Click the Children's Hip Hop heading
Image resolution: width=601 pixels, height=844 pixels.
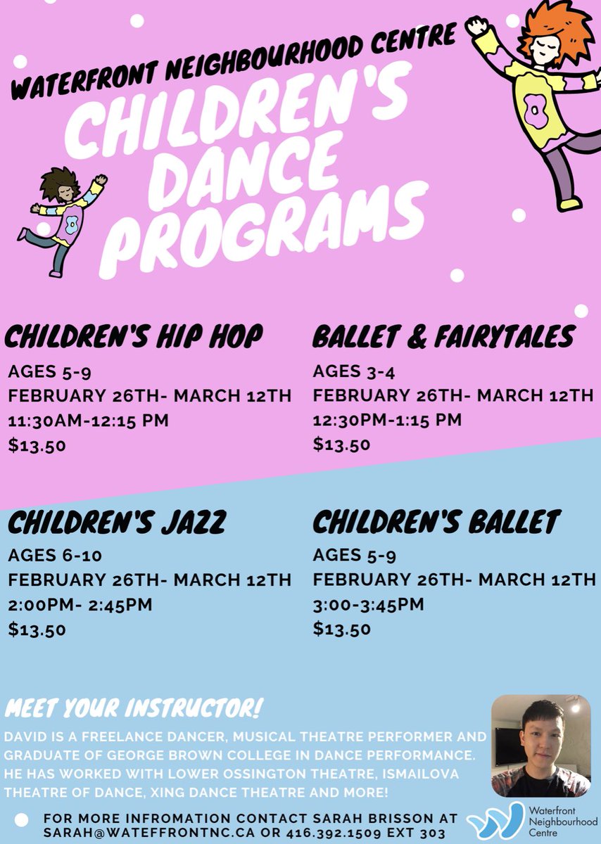pyautogui.click(x=134, y=337)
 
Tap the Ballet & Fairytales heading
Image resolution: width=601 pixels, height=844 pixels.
pyautogui.click(x=443, y=337)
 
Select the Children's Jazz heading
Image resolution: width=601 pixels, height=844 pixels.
pyautogui.click(x=117, y=523)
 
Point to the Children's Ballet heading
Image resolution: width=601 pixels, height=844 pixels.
pyautogui.click(x=436, y=523)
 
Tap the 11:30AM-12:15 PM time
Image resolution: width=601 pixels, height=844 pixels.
pyautogui.click(x=89, y=421)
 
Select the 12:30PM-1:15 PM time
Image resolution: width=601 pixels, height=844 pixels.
pyautogui.click(x=387, y=420)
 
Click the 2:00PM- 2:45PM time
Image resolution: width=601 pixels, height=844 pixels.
pyautogui.click(x=80, y=604)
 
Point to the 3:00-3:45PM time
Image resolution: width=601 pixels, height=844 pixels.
pyautogui.click(x=369, y=604)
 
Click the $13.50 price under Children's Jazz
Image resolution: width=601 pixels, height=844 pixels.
pyautogui.click(x=37, y=629)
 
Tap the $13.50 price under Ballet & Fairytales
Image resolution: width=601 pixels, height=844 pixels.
pyautogui.click(x=342, y=444)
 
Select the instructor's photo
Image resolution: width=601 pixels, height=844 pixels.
pyautogui.click(x=540, y=746)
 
